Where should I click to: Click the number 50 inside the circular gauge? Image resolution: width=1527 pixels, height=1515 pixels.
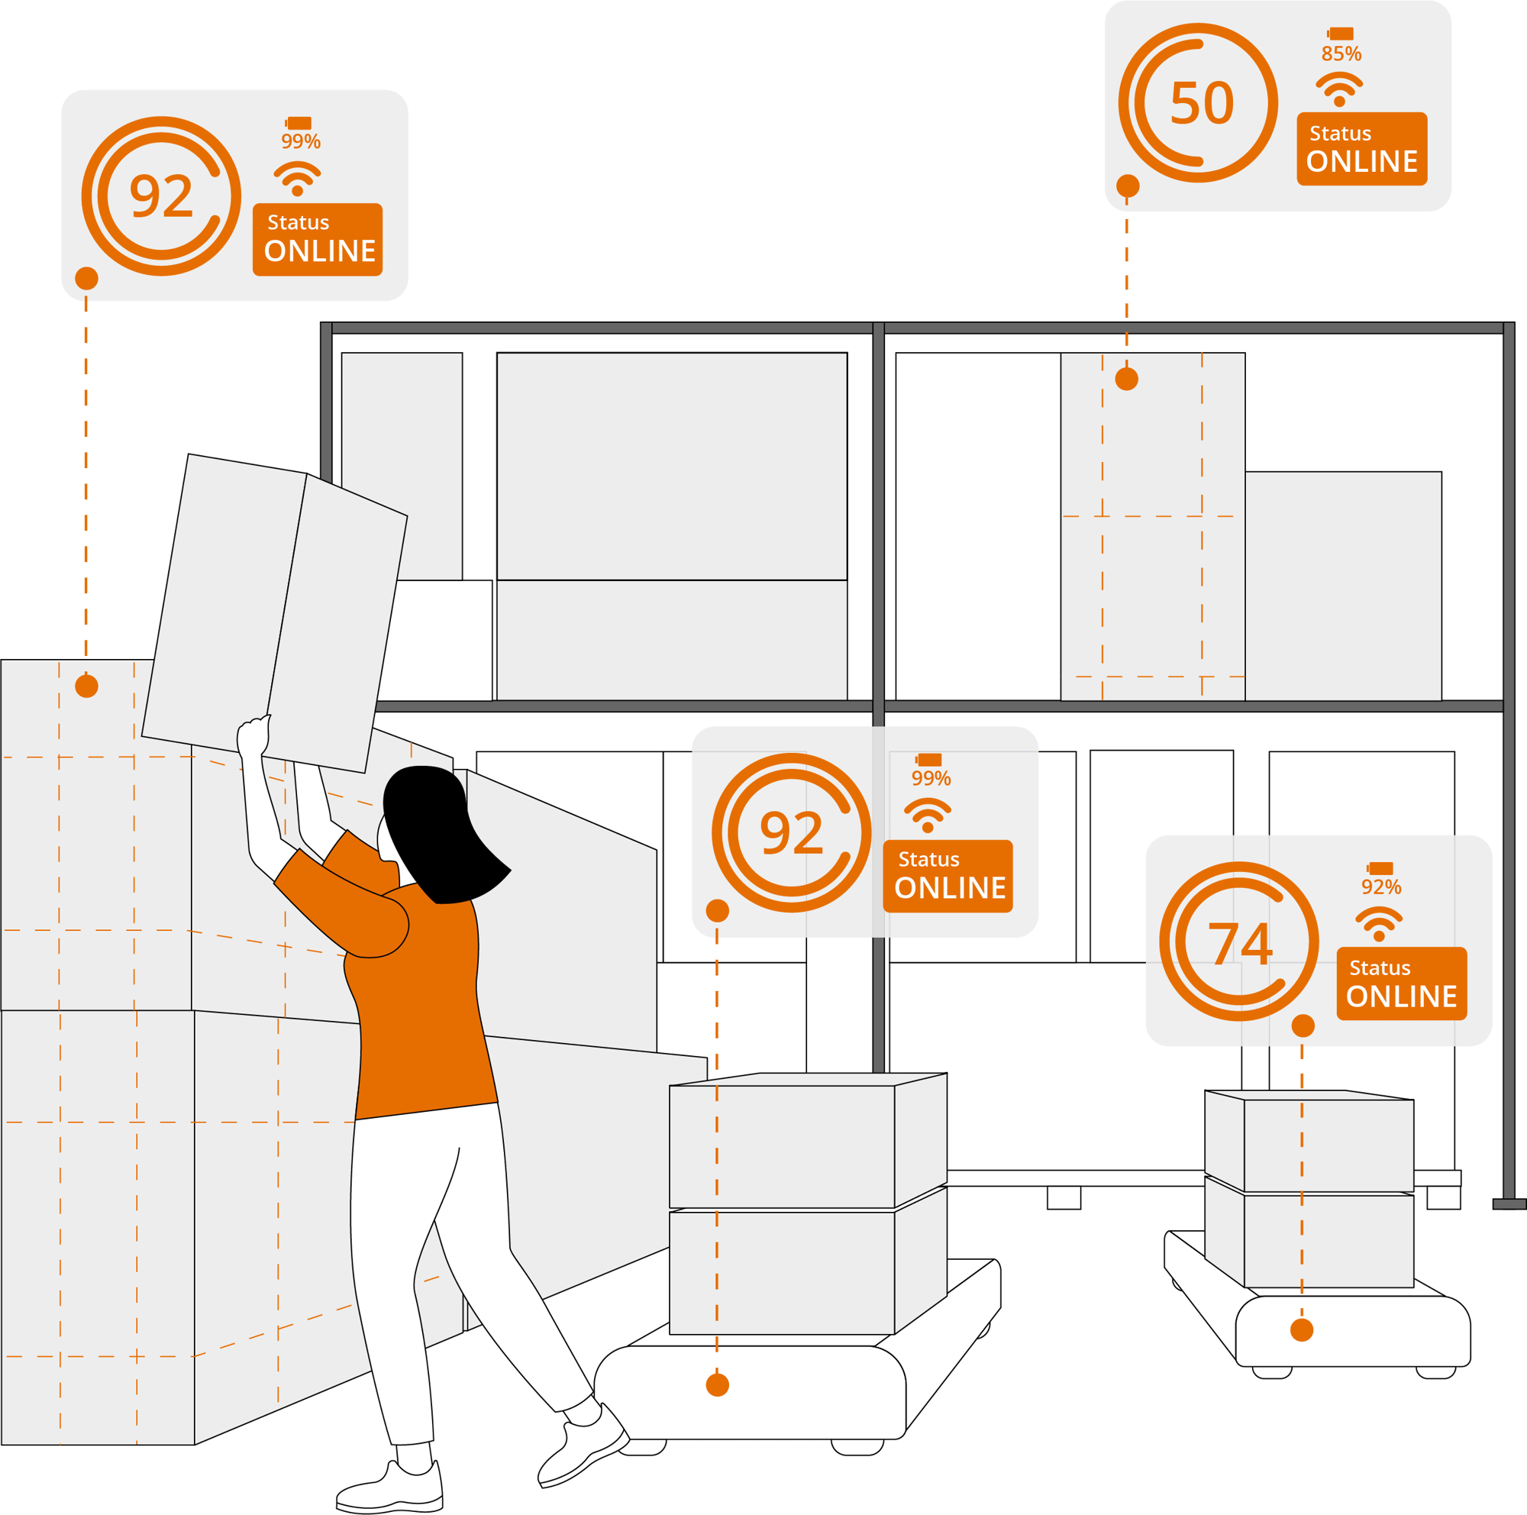coord(1201,103)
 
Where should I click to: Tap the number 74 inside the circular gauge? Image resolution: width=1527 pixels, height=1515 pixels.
coord(1240,943)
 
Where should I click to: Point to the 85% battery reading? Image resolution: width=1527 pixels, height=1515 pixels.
coord(1341,53)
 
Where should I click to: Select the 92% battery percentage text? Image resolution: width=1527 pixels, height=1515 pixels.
coord(1380,887)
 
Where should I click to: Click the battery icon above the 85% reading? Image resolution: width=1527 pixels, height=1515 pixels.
coord(1341,33)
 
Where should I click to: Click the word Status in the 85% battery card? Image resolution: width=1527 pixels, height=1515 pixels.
coord(1341,134)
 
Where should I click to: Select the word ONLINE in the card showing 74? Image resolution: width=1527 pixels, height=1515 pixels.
coord(1401,997)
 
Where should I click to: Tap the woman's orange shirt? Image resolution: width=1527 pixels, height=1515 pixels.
coord(411,988)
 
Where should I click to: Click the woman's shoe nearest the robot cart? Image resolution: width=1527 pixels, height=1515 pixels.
coord(583,1446)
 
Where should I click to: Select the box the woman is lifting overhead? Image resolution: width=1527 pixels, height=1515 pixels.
coord(274,613)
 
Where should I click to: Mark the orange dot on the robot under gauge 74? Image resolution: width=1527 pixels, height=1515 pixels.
coord(1302,1330)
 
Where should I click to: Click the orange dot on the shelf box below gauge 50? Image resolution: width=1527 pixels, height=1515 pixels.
coord(1126,380)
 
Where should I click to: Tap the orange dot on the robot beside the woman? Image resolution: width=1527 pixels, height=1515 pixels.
coord(718,1384)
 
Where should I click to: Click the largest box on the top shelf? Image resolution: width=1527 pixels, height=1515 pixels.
coord(672,467)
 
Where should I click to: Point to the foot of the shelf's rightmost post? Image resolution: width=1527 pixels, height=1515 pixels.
coord(1509,1204)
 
